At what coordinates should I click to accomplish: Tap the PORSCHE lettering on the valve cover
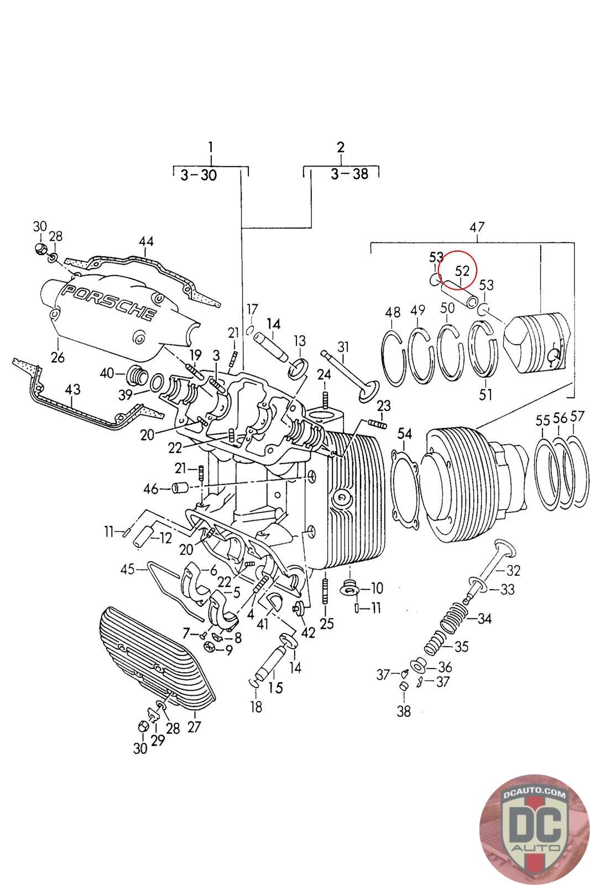point(109,303)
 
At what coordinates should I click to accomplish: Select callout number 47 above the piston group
point(477,227)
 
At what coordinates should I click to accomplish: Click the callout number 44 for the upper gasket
point(146,242)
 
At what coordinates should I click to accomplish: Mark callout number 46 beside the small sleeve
point(150,489)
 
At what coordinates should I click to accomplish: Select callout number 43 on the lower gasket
point(72,389)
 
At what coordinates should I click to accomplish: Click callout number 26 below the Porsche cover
point(58,357)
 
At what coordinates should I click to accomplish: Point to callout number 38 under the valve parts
point(404,711)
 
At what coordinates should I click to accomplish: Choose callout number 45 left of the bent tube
point(128,568)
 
